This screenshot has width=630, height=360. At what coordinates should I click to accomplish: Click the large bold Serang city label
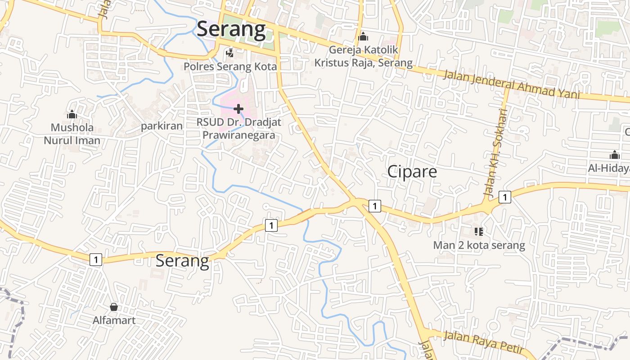coord(231,29)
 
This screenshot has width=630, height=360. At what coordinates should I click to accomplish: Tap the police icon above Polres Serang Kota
coord(230,53)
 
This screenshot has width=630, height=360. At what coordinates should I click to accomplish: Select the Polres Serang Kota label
coord(230,67)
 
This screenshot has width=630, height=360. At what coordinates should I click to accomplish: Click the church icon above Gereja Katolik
coord(363,36)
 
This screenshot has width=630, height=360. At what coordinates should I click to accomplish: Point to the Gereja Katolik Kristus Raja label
coord(363,56)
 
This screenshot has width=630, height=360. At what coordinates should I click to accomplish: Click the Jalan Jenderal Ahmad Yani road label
coord(511,85)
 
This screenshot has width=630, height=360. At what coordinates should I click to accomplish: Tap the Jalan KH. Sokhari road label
coord(495,152)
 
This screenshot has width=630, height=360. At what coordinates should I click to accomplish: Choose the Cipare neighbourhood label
coord(412,171)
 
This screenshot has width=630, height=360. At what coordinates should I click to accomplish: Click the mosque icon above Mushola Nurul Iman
coord(72,115)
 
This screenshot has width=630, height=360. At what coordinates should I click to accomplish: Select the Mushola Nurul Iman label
coord(72,134)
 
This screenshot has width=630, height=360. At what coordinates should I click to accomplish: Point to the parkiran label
coord(162,126)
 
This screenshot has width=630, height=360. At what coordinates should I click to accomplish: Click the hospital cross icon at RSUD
coord(238,108)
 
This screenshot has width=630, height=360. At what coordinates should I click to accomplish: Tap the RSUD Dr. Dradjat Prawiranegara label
coord(238,128)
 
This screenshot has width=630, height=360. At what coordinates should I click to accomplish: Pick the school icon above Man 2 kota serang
coord(479,232)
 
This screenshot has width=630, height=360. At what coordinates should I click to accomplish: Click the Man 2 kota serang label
coord(479,245)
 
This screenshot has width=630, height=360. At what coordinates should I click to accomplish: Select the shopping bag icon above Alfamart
coord(114,307)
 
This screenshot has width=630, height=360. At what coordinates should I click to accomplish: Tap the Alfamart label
coord(114,320)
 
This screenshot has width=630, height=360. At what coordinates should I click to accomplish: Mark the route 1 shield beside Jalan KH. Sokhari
coord(505,197)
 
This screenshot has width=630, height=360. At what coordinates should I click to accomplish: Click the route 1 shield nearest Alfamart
coord(96,259)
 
